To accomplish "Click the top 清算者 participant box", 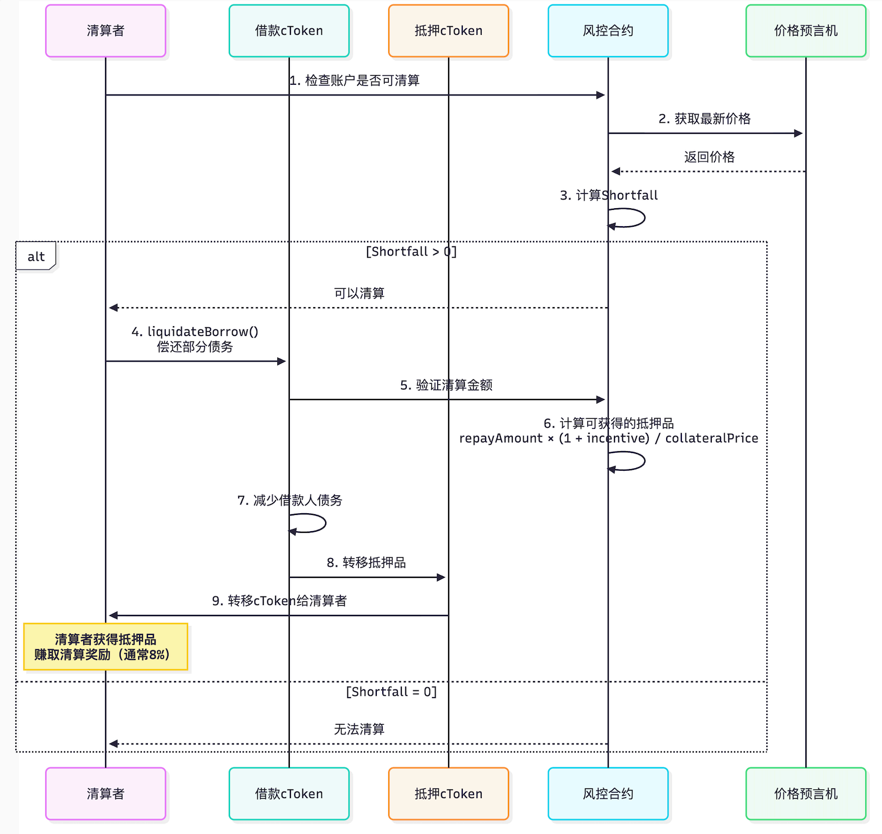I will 105,31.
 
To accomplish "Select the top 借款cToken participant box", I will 289,31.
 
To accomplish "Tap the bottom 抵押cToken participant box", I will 449,794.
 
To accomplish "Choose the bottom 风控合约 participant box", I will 608,794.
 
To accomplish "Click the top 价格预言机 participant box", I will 805,31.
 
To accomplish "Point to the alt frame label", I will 36,257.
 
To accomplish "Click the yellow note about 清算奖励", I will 105,647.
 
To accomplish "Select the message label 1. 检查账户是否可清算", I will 355,81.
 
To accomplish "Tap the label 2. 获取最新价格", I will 704,119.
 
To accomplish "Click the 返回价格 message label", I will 709,157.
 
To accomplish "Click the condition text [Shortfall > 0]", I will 411,252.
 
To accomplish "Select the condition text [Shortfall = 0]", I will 392,692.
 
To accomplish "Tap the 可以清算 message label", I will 359,294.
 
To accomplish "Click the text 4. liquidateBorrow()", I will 195,332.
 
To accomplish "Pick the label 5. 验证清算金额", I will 446,385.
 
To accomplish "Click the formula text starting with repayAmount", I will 608,439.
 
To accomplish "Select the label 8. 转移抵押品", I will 366,563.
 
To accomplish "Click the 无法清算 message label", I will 359,729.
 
